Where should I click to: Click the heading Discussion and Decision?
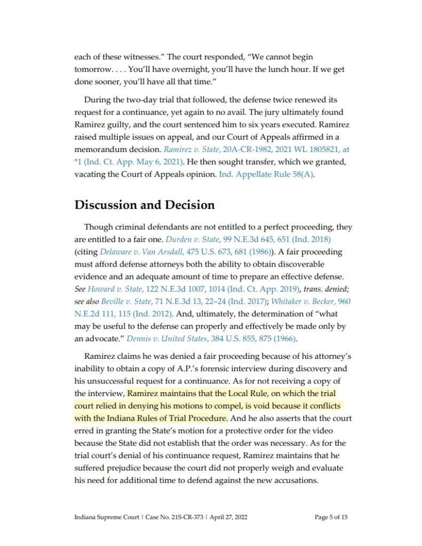[145, 205]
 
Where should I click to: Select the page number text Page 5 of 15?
[331, 517]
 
